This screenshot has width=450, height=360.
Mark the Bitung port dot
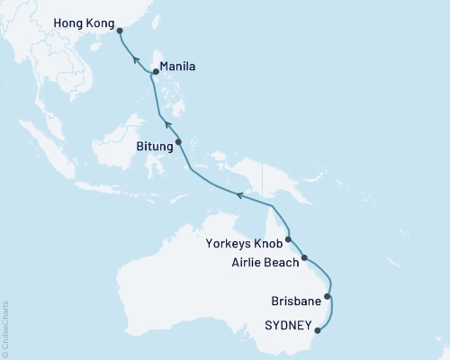click(178, 141)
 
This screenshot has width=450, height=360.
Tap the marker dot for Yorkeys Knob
click(288, 240)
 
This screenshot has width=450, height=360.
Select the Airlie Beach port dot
click(304, 257)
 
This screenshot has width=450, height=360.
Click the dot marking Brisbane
click(328, 296)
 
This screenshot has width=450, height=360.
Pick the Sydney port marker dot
click(317, 329)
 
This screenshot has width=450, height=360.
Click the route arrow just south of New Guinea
click(240, 193)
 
